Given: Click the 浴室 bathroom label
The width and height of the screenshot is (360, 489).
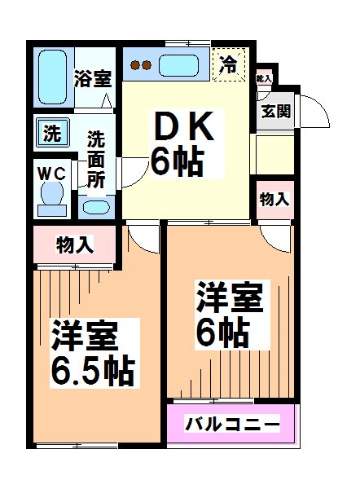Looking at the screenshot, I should [x=92, y=80].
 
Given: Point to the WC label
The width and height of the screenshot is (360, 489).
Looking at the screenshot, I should [x=50, y=174].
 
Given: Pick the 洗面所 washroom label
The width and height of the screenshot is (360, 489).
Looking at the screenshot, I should [x=96, y=159].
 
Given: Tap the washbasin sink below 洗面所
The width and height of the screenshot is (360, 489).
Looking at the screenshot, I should [x=96, y=206].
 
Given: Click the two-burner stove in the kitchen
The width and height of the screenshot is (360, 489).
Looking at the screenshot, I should [x=142, y=65].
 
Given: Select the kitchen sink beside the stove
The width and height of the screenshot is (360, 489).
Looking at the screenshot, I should [x=181, y=64].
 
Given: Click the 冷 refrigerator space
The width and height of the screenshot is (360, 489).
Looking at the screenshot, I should [x=230, y=64].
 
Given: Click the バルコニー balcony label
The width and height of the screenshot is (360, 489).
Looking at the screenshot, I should [x=232, y=424].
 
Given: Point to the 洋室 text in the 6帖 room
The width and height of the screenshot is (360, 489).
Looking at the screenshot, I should [x=230, y=298].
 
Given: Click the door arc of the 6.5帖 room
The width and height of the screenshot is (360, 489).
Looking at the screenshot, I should [x=143, y=238].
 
